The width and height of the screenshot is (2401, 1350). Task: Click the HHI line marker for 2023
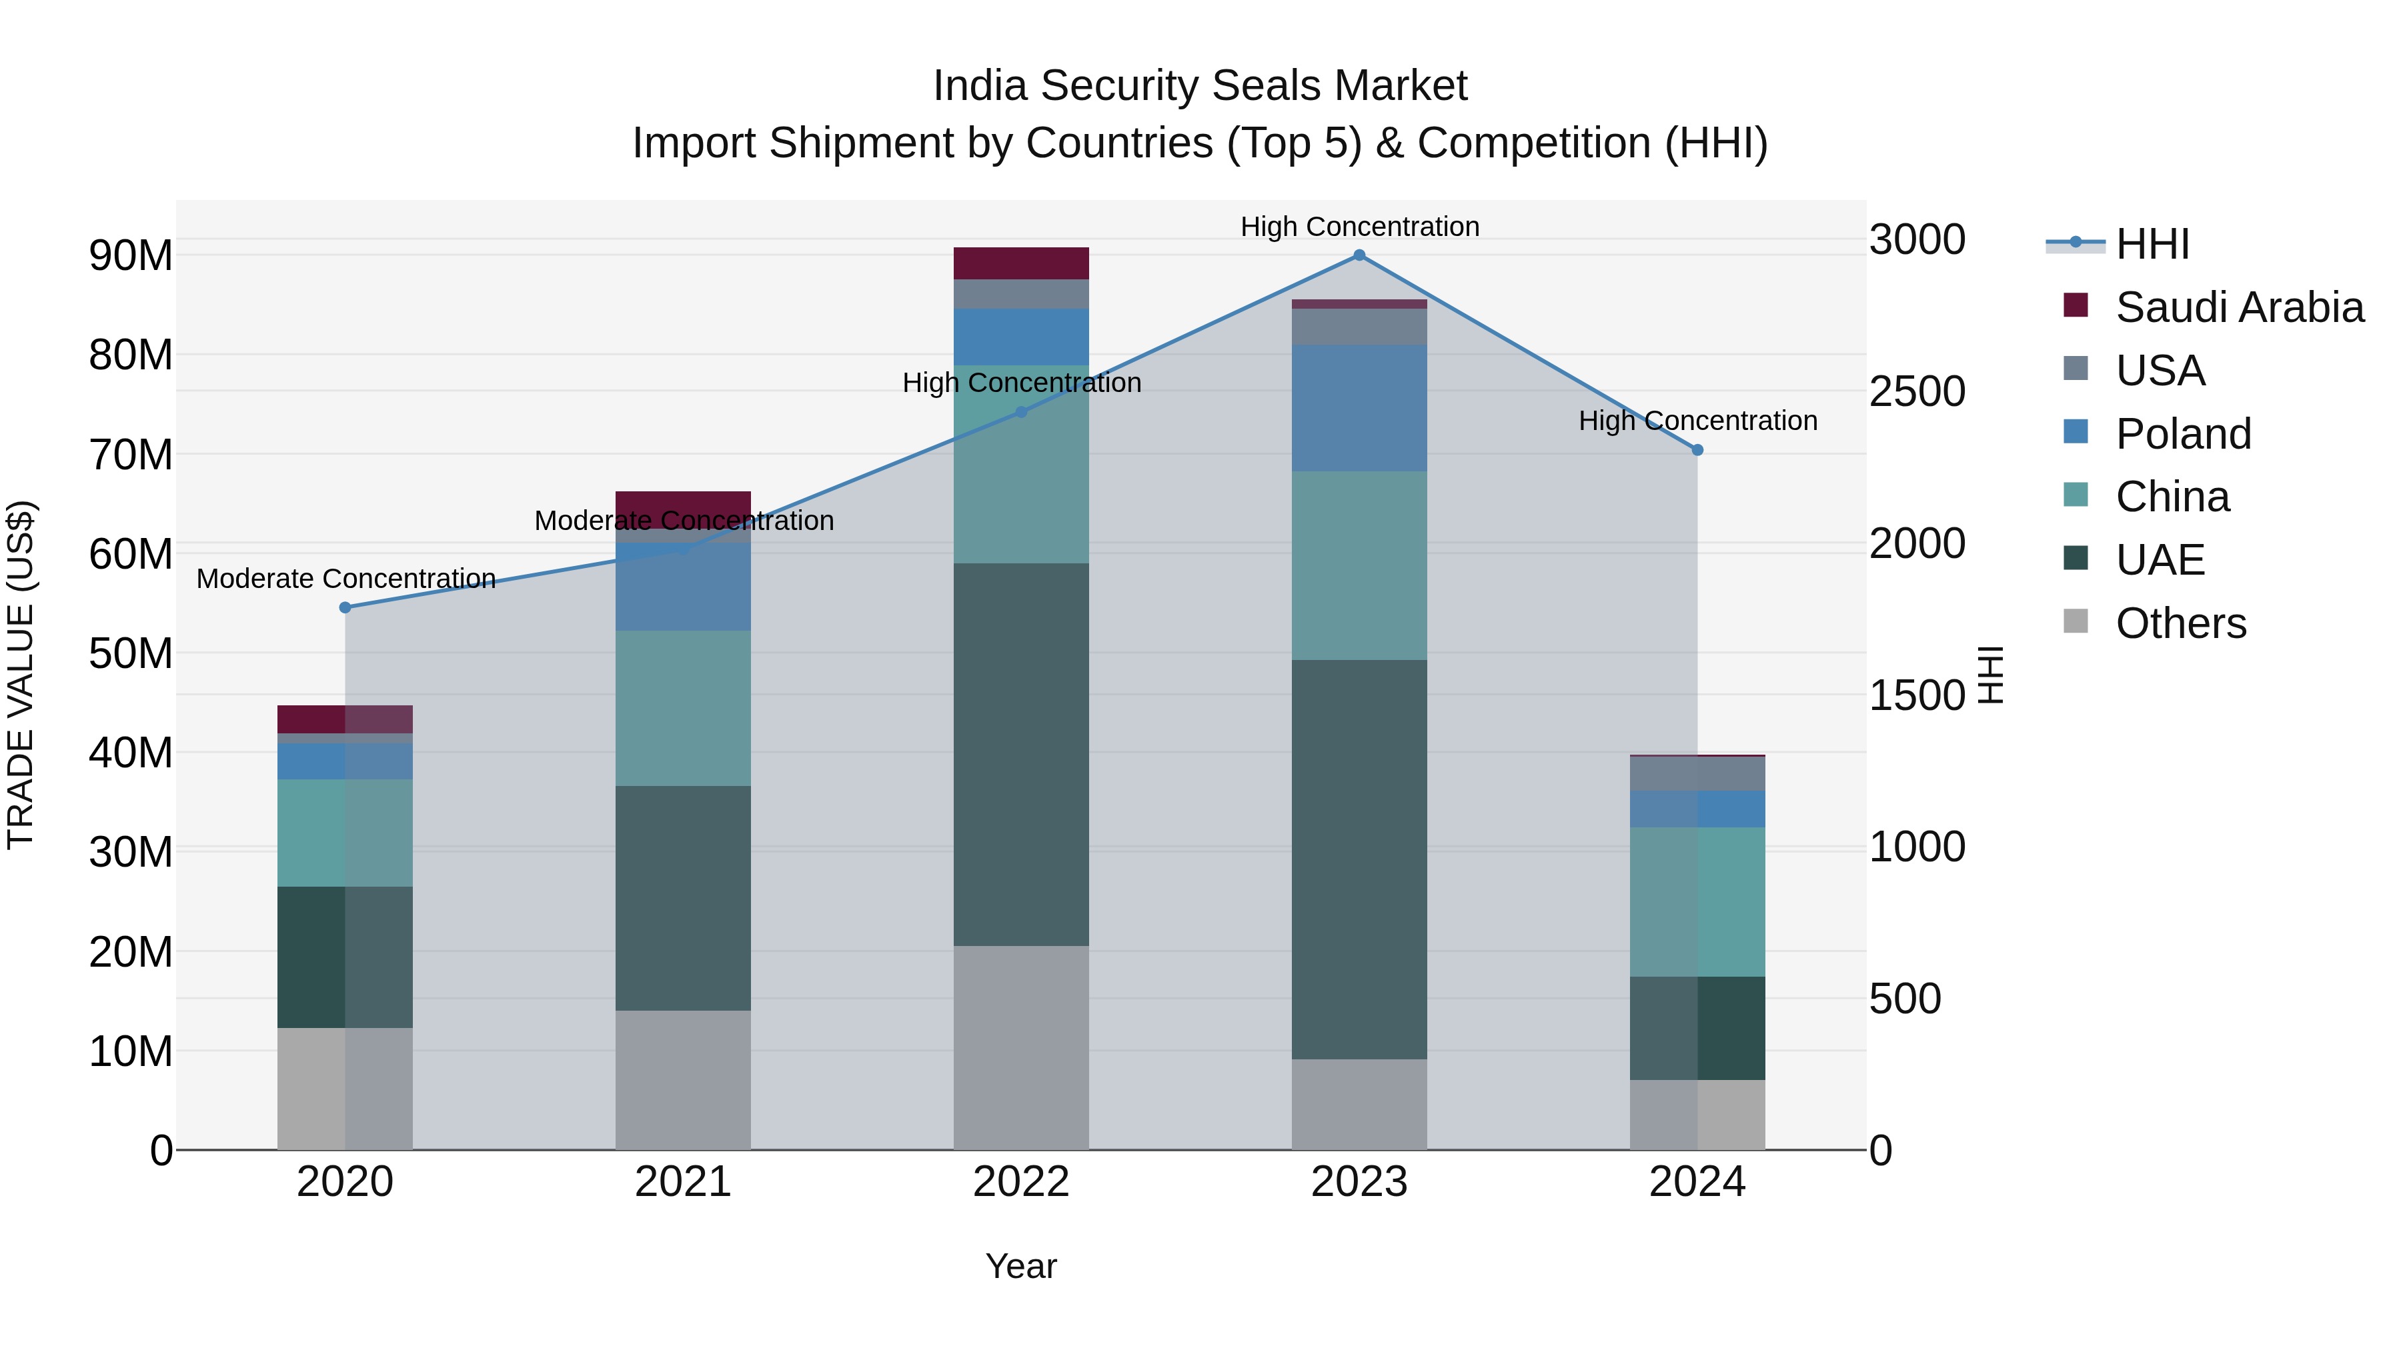click(1359, 255)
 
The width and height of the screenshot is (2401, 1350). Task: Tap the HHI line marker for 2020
click(345, 607)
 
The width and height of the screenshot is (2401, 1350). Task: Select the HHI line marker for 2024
click(1697, 450)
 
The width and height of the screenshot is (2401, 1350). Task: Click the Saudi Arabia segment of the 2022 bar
click(1020, 263)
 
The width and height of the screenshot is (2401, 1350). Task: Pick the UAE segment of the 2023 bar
click(1359, 859)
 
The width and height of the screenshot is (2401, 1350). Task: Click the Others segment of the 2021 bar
click(683, 1080)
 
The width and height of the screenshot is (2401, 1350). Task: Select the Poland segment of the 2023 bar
click(1359, 408)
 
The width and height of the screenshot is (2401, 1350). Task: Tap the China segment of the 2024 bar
click(1697, 902)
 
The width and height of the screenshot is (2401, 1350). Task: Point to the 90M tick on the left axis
click(131, 255)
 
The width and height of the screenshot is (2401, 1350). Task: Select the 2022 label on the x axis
click(1020, 1182)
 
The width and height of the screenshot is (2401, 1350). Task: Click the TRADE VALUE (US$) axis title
click(21, 675)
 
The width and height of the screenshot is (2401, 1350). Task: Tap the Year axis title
click(1020, 1266)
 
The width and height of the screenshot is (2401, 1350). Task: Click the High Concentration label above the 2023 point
click(1359, 227)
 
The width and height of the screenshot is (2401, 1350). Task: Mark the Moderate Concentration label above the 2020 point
click(345, 579)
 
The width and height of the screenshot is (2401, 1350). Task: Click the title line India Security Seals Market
click(1200, 86)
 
